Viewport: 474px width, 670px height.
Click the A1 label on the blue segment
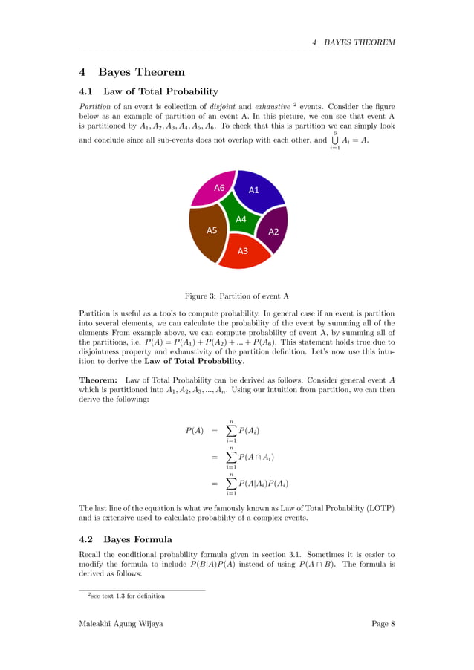pyautogui.click(x=253, y=189)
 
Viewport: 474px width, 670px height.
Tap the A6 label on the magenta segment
pyautogui.click(x=219, y=188)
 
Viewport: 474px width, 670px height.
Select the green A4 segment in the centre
pyautogui.click(x=240, y=220)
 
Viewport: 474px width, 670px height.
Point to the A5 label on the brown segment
pyautogui.click(x=212, y=230)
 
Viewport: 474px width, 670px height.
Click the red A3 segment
pyautogui.click(x=242, y=251)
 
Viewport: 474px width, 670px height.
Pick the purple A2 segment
pyautogui.click(x=273, y=231)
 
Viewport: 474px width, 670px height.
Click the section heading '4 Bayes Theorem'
pyautogui.click(x=132, y=72)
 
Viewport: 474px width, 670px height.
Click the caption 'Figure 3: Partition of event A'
pyautogui.click(x=237, y=296)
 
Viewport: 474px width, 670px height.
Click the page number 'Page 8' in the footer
pyautogui.click(x=383, y=623)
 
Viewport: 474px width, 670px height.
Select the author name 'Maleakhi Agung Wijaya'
pyautogui.click(x=121, y=623)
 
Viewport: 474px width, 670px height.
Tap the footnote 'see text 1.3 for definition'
pyautogui.click(x=126, y=596)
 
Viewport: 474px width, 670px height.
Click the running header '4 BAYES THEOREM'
pyautogui.click(x=354, y=42)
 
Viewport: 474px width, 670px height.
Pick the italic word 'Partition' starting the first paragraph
pyautogui.click(x=95, y=106)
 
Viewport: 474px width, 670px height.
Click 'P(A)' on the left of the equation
pyautogui.click(x=195, y=431)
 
